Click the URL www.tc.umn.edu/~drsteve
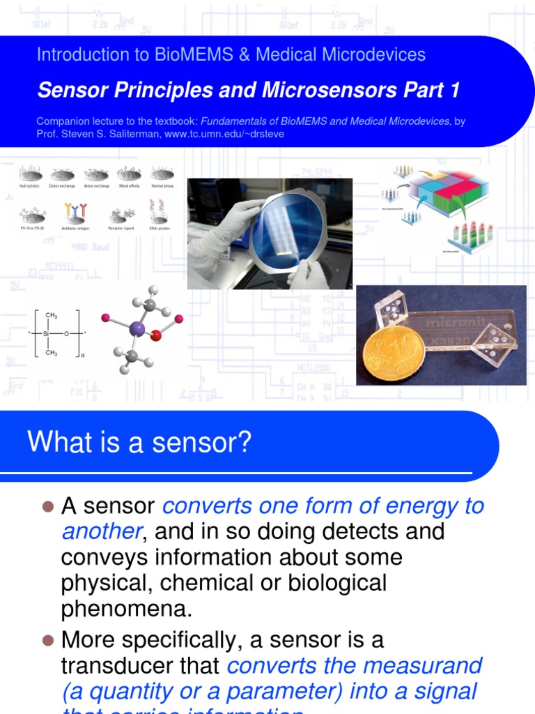coord(224,134)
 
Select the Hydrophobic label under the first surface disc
coord(30,186)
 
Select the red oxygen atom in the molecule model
coord(156,336)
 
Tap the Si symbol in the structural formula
coord(47,334)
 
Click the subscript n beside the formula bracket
coord(82,355)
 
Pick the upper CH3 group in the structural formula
coord(51,315)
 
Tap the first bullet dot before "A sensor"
coord(47,506)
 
